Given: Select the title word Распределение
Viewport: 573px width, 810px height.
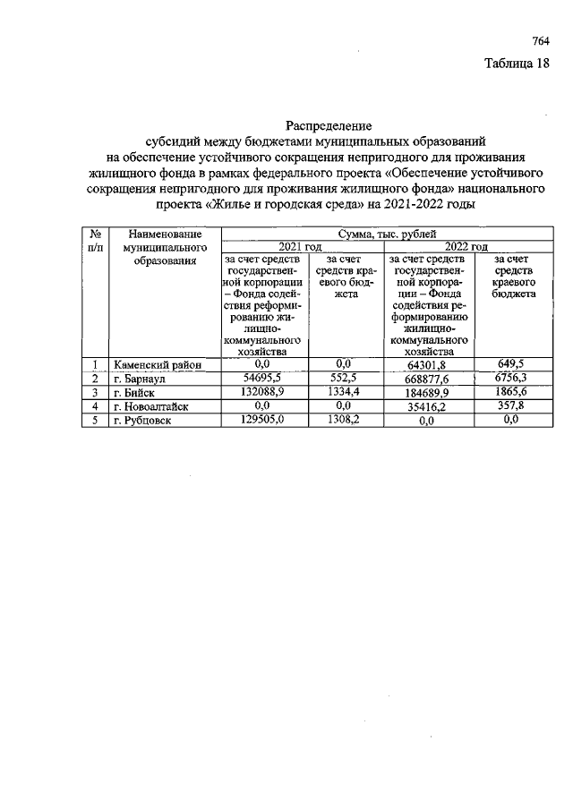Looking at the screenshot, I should click(329, 125).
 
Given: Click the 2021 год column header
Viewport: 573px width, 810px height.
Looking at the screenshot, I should click(300, 247).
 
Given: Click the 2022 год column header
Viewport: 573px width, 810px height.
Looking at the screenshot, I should click(466, 247).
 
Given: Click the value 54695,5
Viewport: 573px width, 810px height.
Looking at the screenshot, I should click(262, 379).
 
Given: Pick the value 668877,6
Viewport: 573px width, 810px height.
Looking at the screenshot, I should click(426, 379).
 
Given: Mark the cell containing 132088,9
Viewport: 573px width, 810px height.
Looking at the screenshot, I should click(262, 393).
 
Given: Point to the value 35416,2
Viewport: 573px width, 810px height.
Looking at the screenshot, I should click(426, 406).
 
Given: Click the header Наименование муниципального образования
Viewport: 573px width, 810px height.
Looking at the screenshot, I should click(163, 246).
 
